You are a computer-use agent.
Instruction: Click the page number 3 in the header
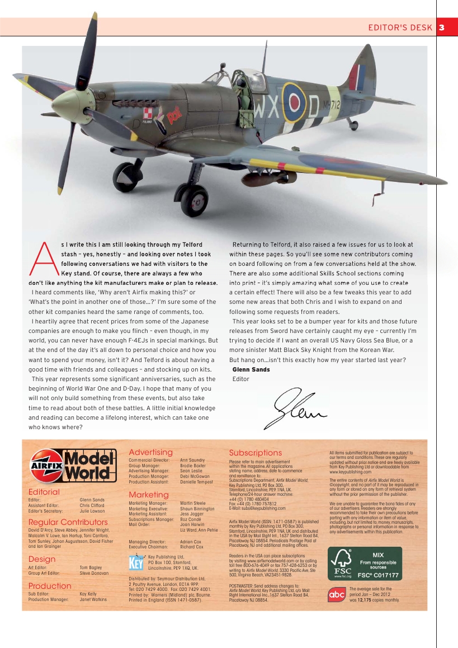tap(442, 27)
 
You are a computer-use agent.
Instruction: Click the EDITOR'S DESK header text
tap(400, 27)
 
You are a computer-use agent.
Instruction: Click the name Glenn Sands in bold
tap(251, 370)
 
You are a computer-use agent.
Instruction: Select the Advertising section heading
tap(150, 452)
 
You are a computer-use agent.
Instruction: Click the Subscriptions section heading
tap(255, 452)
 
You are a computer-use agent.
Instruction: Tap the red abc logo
tap(337, 594)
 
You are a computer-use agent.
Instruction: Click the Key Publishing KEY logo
tap(136, 562)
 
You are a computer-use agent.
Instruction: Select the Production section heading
tap(50, 586)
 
